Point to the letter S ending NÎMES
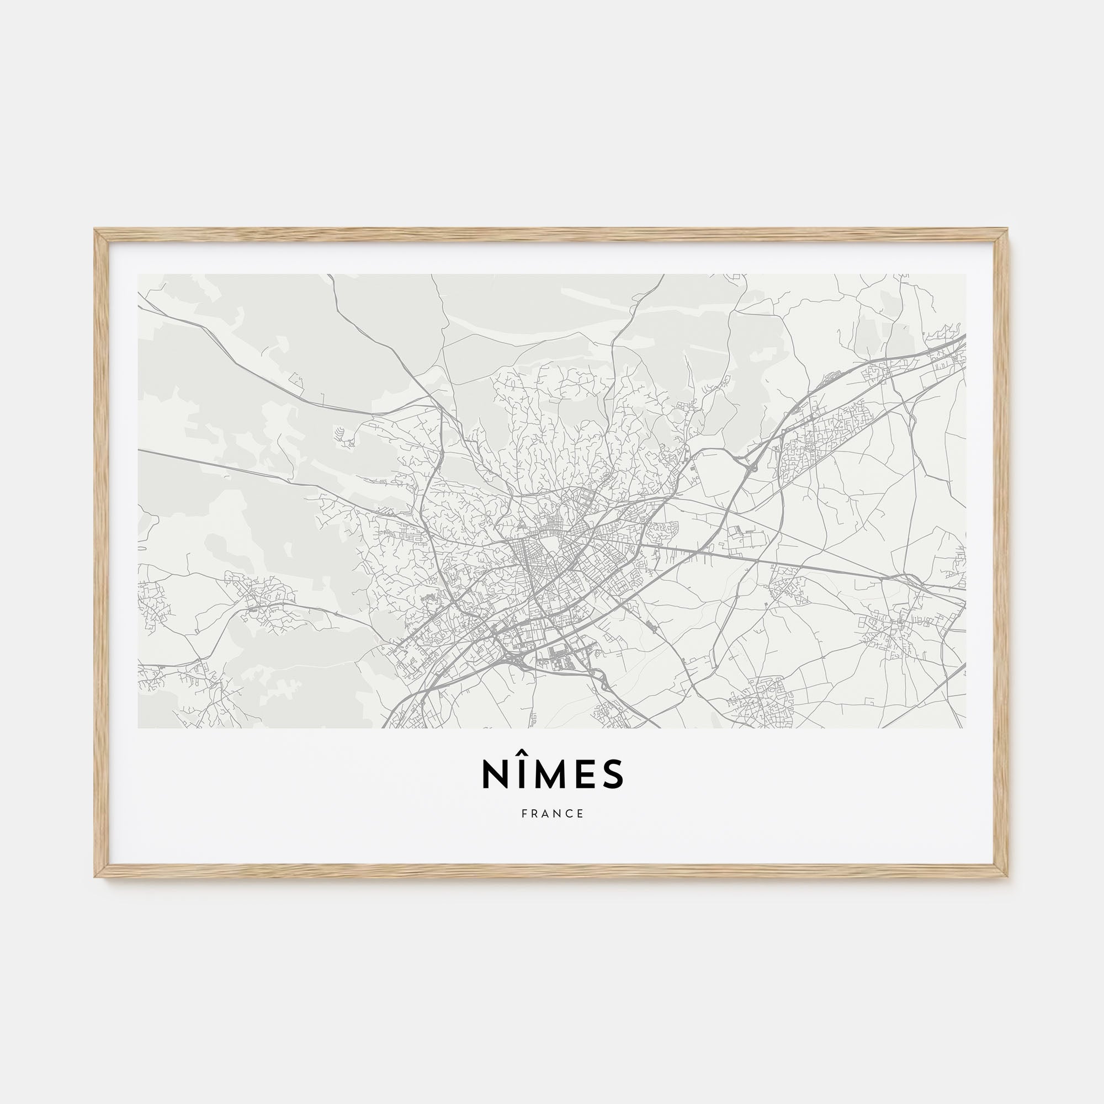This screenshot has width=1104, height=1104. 613,774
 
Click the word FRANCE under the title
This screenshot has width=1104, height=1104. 553,814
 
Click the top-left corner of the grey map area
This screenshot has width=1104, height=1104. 139,275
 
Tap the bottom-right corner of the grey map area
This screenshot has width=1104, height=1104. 965,727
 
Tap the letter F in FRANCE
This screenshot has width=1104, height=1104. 524,814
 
